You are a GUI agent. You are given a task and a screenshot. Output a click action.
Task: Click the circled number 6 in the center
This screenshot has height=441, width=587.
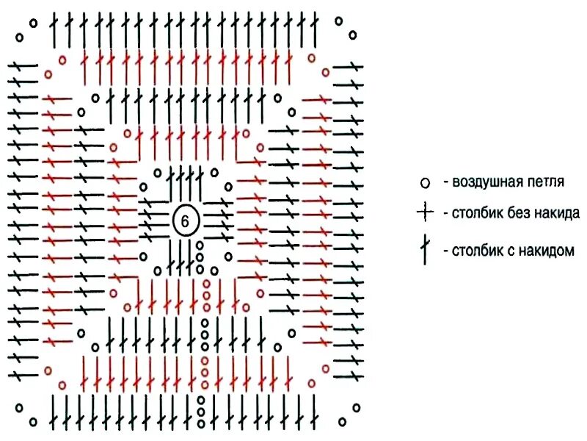(x=185, y=220)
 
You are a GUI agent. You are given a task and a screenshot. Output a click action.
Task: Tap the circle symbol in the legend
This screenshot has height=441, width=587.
(x=424, y=182)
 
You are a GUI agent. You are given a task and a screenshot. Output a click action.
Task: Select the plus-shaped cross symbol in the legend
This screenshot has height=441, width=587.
(x=425, y=214)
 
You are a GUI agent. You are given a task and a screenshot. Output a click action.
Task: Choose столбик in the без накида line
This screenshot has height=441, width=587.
(x=478, y=214)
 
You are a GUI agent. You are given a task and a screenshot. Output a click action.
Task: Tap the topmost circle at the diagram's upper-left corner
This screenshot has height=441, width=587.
(x=33, y=22)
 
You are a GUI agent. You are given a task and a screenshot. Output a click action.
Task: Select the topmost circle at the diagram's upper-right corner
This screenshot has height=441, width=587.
(x=338, y=21)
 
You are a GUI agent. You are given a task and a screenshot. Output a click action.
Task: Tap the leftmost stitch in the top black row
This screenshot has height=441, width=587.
(x=54, y=32)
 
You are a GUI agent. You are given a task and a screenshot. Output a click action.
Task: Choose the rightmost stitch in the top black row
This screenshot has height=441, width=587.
(x=314, y=32)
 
